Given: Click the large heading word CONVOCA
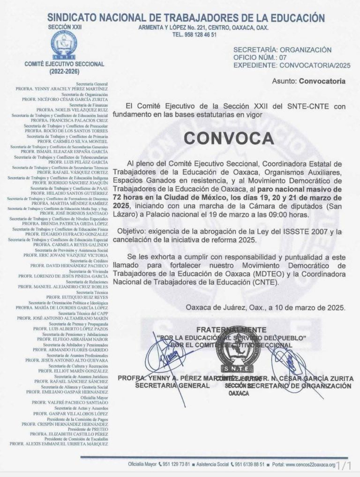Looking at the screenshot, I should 228,138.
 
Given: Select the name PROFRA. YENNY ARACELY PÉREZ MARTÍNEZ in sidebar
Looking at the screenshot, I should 62,89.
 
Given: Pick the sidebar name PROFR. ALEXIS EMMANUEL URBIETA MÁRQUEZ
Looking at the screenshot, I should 59,443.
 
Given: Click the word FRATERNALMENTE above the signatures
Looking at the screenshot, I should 231,330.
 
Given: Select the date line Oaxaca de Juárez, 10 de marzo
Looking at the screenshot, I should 265,308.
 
